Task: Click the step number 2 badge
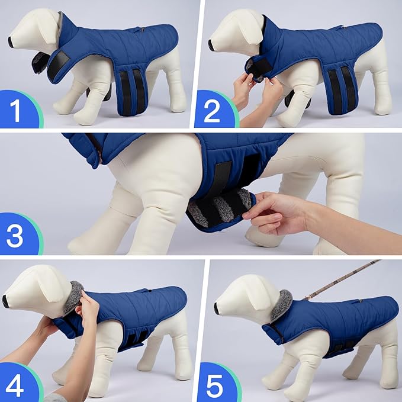coord(213,110)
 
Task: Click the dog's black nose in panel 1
coord(11,41)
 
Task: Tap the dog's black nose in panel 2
coord(211,44)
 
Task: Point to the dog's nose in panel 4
coord(5,301)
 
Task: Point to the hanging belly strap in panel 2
coord(342,89)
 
